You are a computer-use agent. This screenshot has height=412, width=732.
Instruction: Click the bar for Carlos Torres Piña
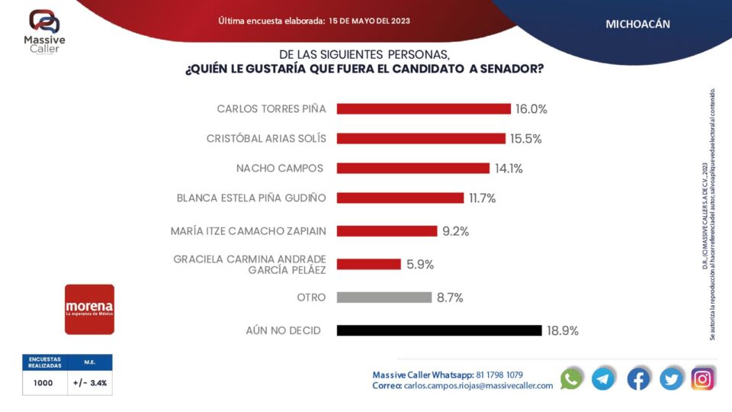tap(423, 109)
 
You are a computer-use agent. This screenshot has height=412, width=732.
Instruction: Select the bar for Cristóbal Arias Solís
tap(421, 138)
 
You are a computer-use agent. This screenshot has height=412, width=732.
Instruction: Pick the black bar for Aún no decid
tap(438, 330)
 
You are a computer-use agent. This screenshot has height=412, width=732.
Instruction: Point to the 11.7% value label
tap(483, 198)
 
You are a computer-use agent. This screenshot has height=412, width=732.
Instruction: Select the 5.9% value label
tap(420, 265)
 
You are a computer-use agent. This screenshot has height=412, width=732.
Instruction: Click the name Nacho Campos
tap(280, 168)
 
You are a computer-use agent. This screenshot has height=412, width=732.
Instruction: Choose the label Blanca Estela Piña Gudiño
tap(251, 198)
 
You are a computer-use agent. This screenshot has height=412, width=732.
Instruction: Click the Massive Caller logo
tap(44, 31)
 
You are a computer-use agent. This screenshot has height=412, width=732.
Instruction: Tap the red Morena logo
tap(89, 309)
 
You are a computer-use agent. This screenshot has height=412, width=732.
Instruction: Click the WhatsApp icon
tap(571, 378)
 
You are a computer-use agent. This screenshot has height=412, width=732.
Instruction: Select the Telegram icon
tap(603, 378)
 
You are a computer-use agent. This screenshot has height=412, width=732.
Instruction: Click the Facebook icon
tap(638, 378)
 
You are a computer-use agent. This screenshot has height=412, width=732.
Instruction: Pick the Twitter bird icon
tap(671, 378)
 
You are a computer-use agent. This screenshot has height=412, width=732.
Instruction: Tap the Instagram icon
tap(702, 378)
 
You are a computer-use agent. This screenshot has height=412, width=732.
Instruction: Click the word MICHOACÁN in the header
tap(637, 24)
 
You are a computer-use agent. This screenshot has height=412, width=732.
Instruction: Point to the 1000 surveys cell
tap(43, 383)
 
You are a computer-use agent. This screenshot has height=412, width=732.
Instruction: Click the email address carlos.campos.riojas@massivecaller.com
tap(478, 386)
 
